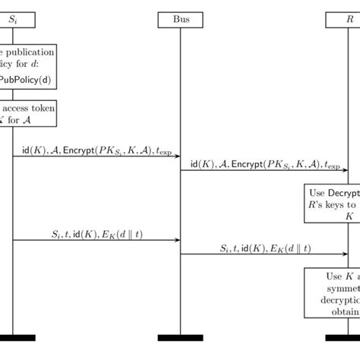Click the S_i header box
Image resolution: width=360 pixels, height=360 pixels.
(x=13, y=20)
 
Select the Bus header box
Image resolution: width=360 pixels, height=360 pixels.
(x=180, y=20)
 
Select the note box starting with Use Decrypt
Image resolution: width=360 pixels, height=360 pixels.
(x=333, y=203)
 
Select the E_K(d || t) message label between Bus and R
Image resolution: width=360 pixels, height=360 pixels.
(x=264, y=248)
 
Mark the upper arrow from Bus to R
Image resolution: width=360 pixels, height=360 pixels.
(x=264, y=170)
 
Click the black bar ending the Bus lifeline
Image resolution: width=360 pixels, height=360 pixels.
(x=180, y=337)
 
